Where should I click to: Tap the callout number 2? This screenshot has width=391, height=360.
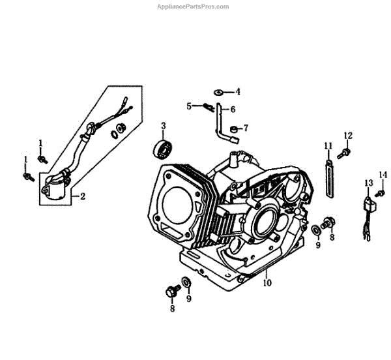(83, 195)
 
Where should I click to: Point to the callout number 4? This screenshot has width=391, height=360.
(238, 91)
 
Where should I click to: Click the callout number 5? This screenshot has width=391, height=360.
(188, 106)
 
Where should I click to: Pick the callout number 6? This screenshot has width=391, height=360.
(232, 109)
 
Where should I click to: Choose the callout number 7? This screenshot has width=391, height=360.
(246, 127)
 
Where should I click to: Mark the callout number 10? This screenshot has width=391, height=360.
(267, 283)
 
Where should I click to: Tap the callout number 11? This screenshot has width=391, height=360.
(328, 145)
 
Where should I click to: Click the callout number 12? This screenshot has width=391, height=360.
(348, 136)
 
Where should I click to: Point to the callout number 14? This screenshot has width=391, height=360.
(383, 174)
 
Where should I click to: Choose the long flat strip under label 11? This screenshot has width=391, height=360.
(330, 176)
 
